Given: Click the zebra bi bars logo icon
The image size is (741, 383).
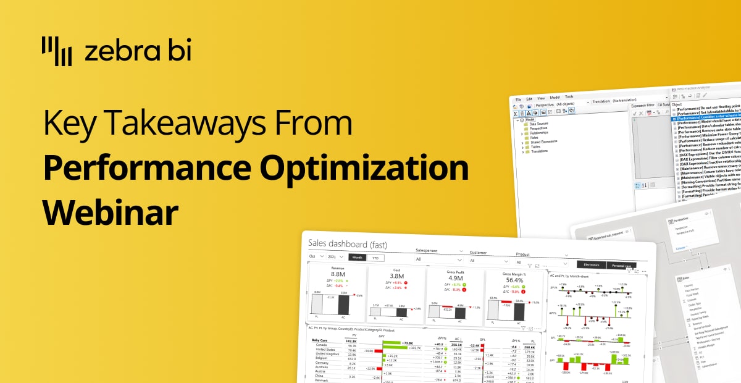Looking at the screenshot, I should click(56, 51).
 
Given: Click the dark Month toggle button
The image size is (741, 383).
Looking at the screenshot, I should click(357, 258).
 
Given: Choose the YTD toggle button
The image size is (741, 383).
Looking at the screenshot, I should click(375, 258).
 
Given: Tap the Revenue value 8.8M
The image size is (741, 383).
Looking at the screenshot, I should click(337, 274).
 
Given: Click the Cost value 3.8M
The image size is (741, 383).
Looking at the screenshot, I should click(396, 276).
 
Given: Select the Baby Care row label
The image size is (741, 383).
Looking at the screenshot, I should click(319, 340).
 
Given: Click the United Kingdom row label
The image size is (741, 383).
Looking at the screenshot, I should click(327, 353).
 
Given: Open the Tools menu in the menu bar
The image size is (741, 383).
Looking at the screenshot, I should click(569, 97).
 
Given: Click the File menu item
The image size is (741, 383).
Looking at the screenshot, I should click(519, 99).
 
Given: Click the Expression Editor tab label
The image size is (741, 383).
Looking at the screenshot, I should click(642, 106).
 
